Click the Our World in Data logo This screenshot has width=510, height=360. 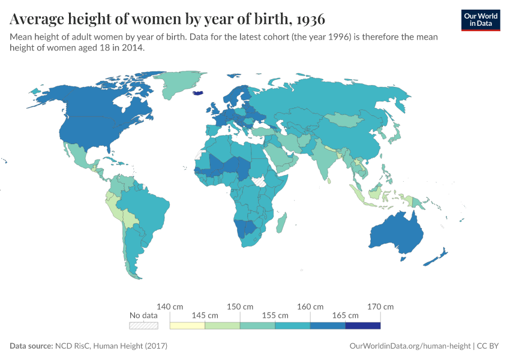point(480,20)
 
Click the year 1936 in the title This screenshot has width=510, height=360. point(310,19)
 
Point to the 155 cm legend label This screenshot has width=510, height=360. point(275,315)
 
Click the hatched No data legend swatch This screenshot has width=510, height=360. point(144,326)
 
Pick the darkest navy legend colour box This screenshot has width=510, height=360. point(362,326)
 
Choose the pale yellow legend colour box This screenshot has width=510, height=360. point(187,326)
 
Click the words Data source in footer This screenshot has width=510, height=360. point(31,346)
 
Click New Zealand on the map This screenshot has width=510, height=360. point(438,257)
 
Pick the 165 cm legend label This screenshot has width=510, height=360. point(345,315)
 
